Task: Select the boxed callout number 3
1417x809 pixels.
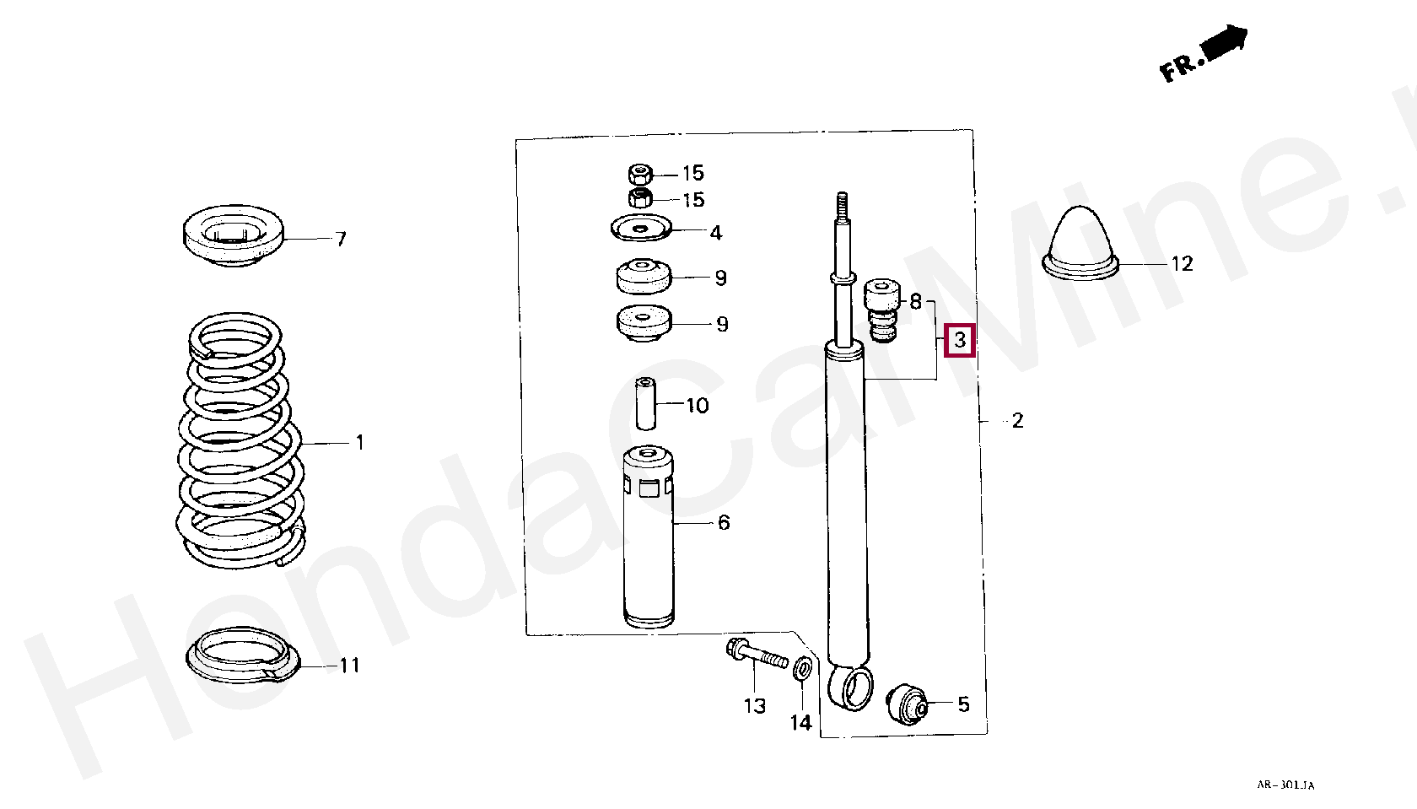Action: (x=960, y=340)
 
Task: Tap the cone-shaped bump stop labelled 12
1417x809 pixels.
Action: (x=1080, y=243)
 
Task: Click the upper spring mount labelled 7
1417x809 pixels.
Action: (x=234, y=235)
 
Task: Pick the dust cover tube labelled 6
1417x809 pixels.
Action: (x=649, y=537)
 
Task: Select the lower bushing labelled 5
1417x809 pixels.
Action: (x=908, y=704)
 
